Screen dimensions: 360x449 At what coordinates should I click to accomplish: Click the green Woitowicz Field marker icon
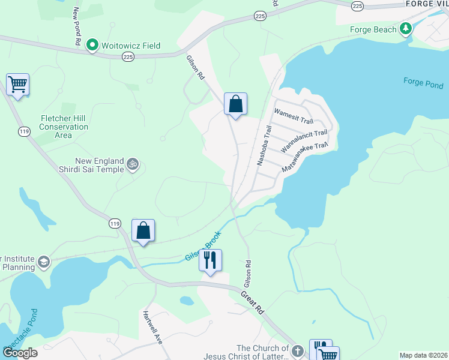pyautogui.click(x=92, y=44)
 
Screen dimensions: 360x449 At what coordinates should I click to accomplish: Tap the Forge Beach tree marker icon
pyautogui.click(x=406, y=29)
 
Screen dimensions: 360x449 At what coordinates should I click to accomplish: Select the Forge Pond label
pyautogui.click(x=423, y=82)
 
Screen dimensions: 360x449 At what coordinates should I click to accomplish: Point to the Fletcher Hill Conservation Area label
pyautogui.click(x=64, y=127)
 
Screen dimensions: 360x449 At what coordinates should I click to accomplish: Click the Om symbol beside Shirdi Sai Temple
pyautogui.click(x=133, y=163)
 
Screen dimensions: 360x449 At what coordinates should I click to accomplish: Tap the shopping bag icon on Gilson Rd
pyautogui.click(x=236, y=104)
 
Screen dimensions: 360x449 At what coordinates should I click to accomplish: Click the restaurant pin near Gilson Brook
pyautogui.click(x=210, y=260)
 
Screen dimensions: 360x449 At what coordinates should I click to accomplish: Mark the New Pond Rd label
pyautogui.click(x=76, y=27)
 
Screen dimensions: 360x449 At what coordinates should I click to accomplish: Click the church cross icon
pyautogui.click(x=298, y=350)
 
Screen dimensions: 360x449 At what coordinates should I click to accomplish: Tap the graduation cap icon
pyautogui.click(x=43, y=262)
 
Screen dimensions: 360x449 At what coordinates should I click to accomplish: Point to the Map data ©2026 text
pyautogui.click(x=423, y=355)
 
